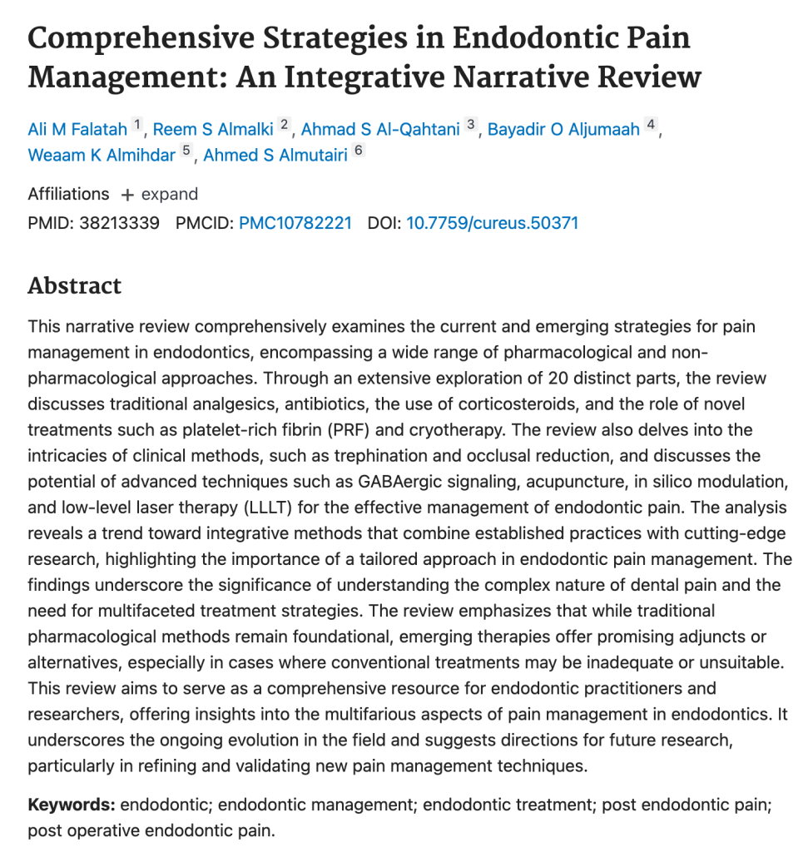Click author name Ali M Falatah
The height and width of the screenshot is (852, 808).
77,129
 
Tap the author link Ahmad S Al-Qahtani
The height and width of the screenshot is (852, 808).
380,129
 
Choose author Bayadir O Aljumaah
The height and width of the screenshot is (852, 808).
563,129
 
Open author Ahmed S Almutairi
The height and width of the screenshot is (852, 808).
275,156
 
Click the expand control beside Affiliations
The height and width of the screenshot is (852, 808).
160,195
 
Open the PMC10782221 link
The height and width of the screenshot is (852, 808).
295,224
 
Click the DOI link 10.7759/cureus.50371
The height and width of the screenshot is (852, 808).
492,224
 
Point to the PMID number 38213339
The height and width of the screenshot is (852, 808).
119,224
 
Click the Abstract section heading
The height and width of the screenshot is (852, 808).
75,286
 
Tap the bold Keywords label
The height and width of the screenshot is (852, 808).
72,805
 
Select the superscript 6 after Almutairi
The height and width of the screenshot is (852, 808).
359,152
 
